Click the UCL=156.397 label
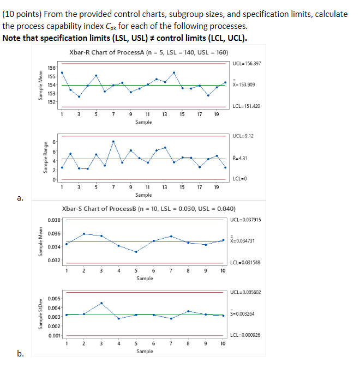click(247, 63)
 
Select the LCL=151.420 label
click(247, 106)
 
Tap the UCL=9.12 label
click(242, 135)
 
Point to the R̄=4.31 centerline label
click(241, 159)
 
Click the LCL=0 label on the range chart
click(239, 179)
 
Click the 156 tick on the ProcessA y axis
click(51, 68)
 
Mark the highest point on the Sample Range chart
click(113, 141)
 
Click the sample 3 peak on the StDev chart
click(101, 303)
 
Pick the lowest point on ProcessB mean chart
click(136, 252)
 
